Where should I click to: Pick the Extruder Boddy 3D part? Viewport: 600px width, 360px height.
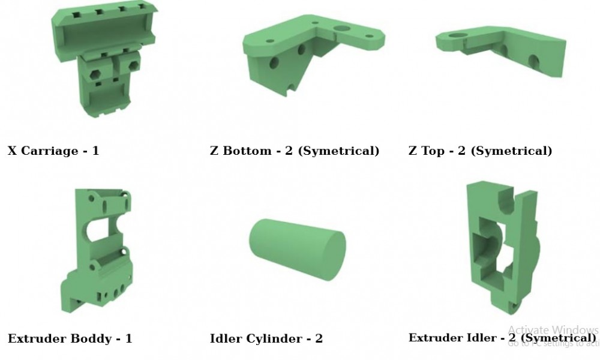(96, 252)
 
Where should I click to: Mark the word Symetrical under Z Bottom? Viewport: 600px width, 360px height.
(339, 151)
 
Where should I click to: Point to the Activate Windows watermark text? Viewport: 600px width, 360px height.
(553, 330)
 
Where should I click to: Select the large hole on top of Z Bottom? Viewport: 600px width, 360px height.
(342, 28)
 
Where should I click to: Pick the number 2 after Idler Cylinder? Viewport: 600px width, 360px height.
(319, 338)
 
